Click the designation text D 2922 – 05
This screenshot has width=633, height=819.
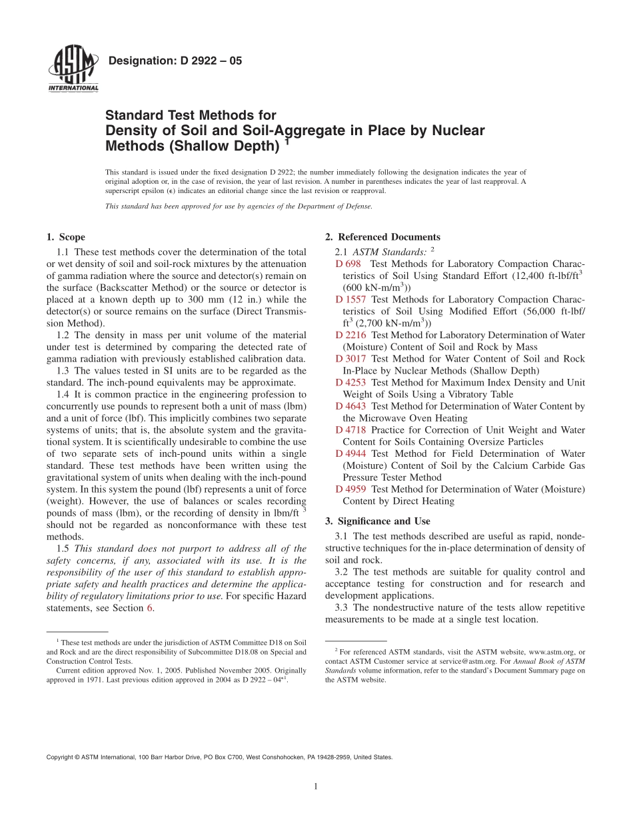pos(175,61)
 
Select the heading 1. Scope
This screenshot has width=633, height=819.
pos(66,237)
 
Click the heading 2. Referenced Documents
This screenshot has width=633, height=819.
pos(382,237)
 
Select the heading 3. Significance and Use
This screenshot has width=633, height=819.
pos(377,521)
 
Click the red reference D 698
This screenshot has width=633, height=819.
pos(348,264)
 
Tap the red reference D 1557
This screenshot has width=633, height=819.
pos(350,299)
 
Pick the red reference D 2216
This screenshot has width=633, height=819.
pos(350,335)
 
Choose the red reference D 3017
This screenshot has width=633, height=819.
pos(350,358)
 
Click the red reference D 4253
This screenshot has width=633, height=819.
pos(350,382)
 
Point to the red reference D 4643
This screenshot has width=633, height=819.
pos(350,406)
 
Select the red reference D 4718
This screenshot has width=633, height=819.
pos(350,430)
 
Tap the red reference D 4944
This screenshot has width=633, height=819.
pos(350,453)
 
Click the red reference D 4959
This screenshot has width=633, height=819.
pos(350,489)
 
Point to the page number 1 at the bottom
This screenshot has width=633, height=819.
pos(316,786)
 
